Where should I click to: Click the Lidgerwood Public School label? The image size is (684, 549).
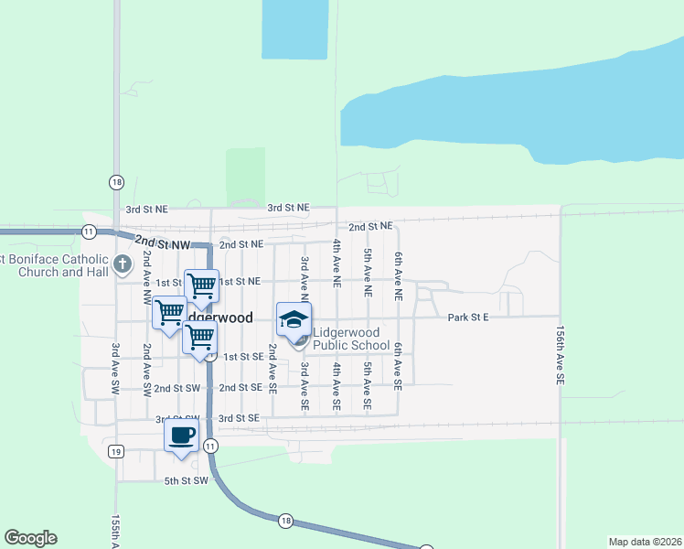pyautogui.click(x=352, y=339)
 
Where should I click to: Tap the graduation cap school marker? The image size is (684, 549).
pyautogui.click(x=294, y=319)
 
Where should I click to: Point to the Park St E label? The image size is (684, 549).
pyautogui.click(x=469, y=318)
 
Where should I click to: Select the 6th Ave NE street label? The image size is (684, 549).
pyautogui.click(x=399, y=277)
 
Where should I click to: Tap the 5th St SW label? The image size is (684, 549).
pyautogui.click(x=187, y=480)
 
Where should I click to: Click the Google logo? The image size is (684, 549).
pyautogui.click(x=31, y=538)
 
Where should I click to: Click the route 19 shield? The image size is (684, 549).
pyautogui.click(x=115, y=451)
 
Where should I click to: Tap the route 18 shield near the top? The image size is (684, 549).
pyautogui.click(x=116, y=181)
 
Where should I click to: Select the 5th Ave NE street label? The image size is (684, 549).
pyautogui.click(x=368, y=273)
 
